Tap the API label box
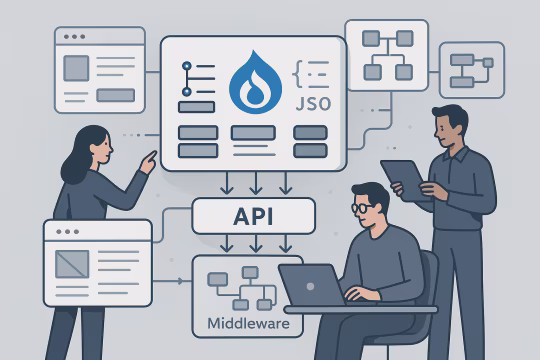click(x=253, y=215)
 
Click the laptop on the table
click(x=312, y=286)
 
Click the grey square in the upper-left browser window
click(x=76, y=68)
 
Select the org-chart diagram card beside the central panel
click(x=386, y=54)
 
